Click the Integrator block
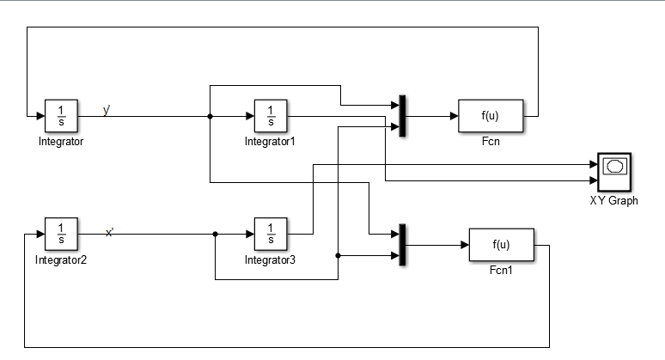[x=61, y=115]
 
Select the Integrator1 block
[x=271, y=115]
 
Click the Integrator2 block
[x=61, y=233]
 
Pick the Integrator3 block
[x=271, y=233]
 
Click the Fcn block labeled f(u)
[x=491, y=115]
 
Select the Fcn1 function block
[x=501, y=245]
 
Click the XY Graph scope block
[x=613, y=172]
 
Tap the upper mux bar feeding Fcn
[x=401, y=115]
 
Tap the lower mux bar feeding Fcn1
[x=401, y=244]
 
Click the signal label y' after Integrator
[x=107, y=110]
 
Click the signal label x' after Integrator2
[x=109, y=232]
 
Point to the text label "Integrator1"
[x=270, y=142]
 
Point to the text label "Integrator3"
[x=270, y=259]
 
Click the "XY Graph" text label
[x=613, y=201]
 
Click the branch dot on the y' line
[x=210, y=115]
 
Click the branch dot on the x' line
[x=215, y=233]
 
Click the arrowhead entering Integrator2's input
[x=40, y=233]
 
